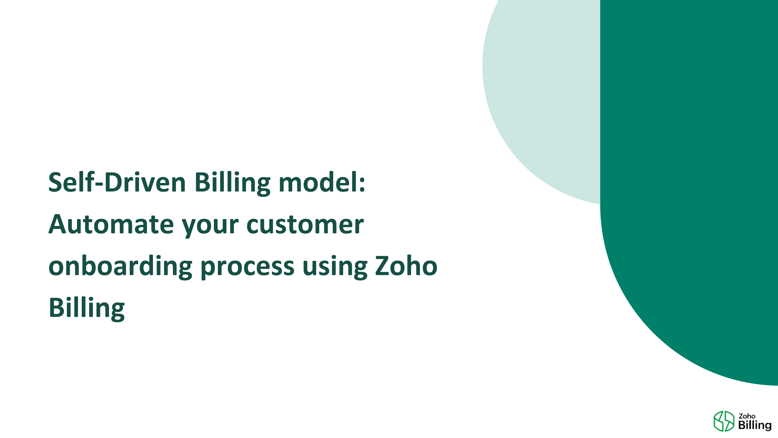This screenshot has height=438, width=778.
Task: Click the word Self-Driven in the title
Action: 117,182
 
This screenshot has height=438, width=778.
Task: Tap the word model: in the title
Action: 322,182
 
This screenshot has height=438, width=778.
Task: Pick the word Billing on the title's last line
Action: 86,308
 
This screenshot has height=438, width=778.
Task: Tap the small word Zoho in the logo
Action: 747,416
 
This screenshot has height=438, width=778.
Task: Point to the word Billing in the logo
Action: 755,425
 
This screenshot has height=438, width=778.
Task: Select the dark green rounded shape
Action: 689,181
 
